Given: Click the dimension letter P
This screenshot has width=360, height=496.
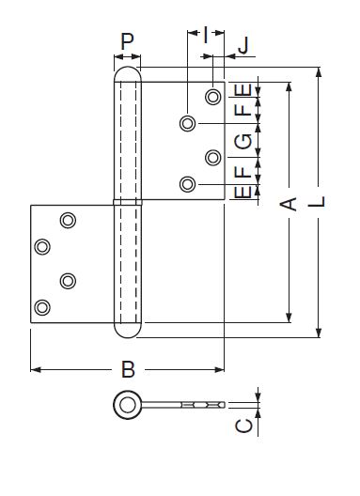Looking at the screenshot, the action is click(x=127, y=41).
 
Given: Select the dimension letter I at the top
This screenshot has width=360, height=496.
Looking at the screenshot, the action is click(x=206, y=35).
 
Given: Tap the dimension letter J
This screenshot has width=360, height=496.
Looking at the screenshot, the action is click(x=244, y=45).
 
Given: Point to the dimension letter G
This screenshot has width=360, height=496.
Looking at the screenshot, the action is click(x=243, y=142).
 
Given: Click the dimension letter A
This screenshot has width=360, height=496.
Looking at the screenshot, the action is click(x=289, y=204).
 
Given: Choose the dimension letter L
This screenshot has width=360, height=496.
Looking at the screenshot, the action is click(x=317, y=201).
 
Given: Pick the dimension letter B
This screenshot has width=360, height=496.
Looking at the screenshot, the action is click(x=128, y=369).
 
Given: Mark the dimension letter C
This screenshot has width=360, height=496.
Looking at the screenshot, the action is click(x=244, y=426).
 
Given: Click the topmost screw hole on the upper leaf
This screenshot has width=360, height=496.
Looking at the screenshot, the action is click(x=213, y=97).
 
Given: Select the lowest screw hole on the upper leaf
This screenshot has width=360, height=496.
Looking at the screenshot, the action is click(x=187, y=184).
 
